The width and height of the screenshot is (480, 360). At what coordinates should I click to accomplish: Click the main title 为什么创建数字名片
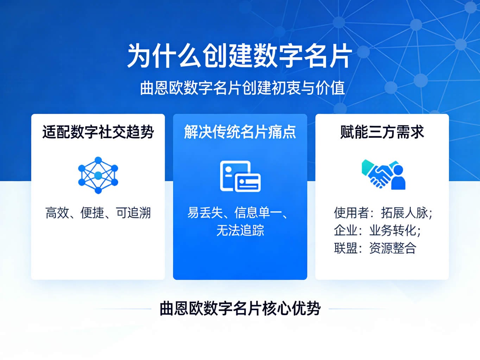tap(240, 56)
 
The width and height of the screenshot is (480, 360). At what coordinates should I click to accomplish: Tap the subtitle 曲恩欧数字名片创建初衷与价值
tap(242, 88)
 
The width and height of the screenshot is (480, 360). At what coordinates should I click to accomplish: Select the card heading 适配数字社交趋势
tap(98, 132)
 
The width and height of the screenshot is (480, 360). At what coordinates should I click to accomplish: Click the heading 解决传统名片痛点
tap(240, 132)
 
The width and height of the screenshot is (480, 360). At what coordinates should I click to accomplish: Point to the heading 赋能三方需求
tap(382, 132)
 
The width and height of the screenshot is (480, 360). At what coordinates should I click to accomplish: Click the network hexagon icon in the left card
tap(98, 175)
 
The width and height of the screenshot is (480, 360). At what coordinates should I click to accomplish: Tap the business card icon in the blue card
tap(240, 176)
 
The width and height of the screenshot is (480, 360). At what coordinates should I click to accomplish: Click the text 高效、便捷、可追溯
tap(98, 213)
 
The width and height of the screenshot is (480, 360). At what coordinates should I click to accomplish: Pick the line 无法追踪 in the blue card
tap(240, 230)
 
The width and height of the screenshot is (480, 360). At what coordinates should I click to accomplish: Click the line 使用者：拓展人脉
tap(383, 213)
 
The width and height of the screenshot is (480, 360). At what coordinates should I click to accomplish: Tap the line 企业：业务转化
tap(377, 230)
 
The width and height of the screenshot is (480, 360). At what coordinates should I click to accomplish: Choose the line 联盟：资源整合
tap(375, 248)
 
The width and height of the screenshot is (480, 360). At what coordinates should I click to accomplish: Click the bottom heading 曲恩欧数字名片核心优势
tap(240, 308)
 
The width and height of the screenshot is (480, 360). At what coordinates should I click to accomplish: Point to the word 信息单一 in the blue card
tap(258, 213)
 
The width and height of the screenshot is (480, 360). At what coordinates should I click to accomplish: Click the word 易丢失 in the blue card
tap(205, 213)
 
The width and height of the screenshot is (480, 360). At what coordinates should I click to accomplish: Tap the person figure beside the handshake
tap(398, 177)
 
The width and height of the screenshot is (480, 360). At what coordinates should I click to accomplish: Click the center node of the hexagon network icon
tap(98, 175)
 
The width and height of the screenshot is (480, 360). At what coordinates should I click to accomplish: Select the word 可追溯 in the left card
tap(133, 213)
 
